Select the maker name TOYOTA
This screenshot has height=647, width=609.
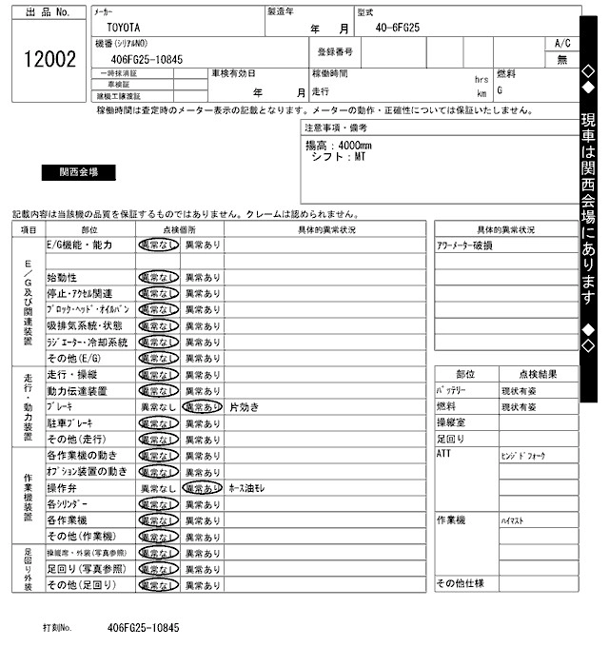[x=123, y=29]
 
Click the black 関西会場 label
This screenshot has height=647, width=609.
[x=79, y=173]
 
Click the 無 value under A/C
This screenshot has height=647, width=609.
[x=561, y=59]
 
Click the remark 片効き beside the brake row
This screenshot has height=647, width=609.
[x=244, y=406]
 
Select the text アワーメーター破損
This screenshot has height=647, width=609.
[x=465, y=245]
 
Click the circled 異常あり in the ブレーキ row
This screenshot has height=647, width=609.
[x=202, y=406]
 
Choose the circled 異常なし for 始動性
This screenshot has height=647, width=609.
[x=157, y=277]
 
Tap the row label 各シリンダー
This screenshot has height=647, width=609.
[x=73, y=503]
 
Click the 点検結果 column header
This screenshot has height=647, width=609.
[x=537, y=375]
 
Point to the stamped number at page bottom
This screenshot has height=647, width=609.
[x=143, y=629]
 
